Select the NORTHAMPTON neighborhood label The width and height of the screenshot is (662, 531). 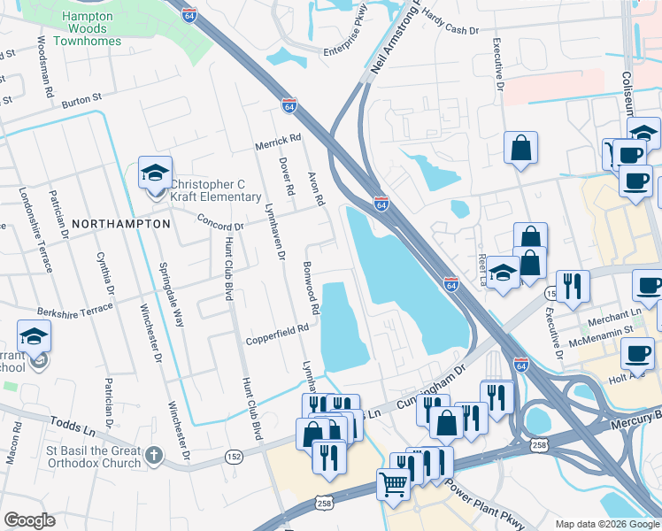(120, 224)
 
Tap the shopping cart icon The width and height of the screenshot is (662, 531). (393, 482)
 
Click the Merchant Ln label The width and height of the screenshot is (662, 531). (618, 313)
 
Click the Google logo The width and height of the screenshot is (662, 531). (29, 520)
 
